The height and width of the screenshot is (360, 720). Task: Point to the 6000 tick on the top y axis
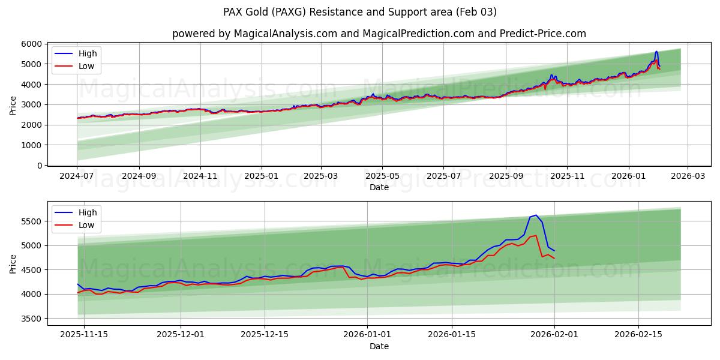(32, 44)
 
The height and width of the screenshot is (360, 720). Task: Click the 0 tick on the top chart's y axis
(40, 166)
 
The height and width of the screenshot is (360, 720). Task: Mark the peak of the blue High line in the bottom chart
(536, 215)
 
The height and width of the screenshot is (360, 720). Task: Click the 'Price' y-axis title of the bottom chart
(13, 263)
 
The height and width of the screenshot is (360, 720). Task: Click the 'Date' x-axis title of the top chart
(379, 187)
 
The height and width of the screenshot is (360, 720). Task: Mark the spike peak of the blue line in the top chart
(656, 52)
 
